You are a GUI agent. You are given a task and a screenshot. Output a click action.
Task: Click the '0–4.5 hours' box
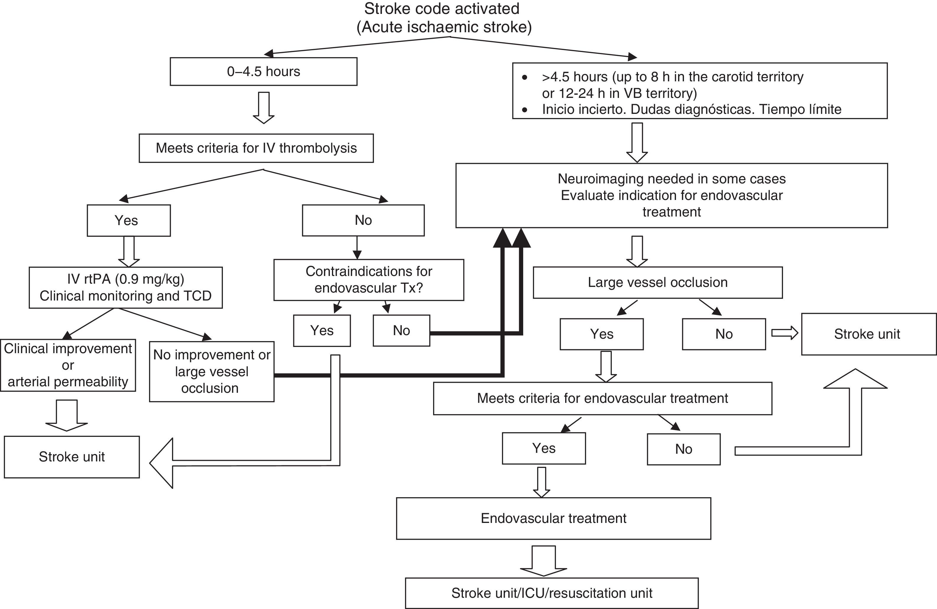click(x=263, y=71)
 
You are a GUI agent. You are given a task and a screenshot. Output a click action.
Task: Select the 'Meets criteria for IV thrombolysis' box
click(x=256, y=148)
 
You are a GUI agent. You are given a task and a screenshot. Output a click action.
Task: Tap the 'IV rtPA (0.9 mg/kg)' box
click(x=126, y=287)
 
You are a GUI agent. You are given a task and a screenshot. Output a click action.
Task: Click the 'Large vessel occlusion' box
click(x=657, y=282)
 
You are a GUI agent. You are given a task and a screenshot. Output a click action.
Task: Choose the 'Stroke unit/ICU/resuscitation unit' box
click(x=552, y=593)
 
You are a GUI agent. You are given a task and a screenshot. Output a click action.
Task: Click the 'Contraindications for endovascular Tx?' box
click(x=369, y=280)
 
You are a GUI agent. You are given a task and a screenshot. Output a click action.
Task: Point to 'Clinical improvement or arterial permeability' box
click(x=68, y=365)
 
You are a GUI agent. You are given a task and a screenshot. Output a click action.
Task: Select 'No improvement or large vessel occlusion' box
click(x=211, y=371)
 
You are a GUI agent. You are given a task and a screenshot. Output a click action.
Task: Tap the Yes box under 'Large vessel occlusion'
click(x=601, y=334)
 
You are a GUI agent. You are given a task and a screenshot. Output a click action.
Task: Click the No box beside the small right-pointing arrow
click(x=724, y=334)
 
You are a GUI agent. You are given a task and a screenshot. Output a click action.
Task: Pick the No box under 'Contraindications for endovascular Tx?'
click(x=401, y=330)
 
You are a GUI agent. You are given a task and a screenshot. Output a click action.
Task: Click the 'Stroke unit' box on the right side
click(x=868, y=334)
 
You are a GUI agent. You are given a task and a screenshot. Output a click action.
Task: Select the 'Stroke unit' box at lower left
click(x=72, y=457)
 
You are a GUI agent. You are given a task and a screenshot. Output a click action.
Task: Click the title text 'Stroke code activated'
click(x=441, y=9)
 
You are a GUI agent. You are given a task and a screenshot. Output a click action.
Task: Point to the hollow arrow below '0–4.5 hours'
click(x=263, y=108)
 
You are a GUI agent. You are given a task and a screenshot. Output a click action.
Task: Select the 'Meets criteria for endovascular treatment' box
click(x=602, y=398)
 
